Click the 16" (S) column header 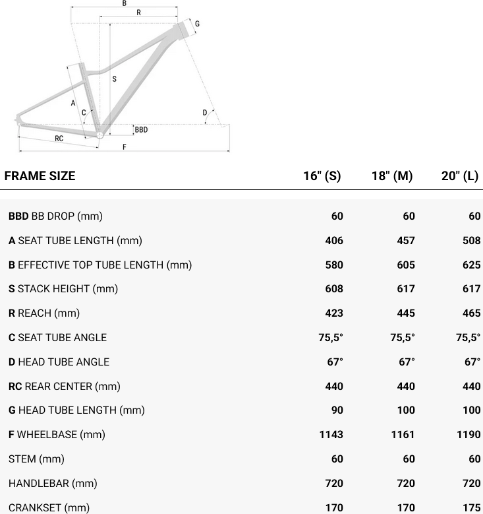click(322, 176)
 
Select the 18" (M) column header click(392, 176)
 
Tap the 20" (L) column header click(460, 176)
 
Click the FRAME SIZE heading click(40, 176)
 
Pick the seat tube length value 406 click(334, 241)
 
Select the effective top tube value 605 click(406, 265)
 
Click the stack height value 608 click(334, 289)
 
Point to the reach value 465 click(472, 313)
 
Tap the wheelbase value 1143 click(331, 435)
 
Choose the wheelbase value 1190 click(469, 435)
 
